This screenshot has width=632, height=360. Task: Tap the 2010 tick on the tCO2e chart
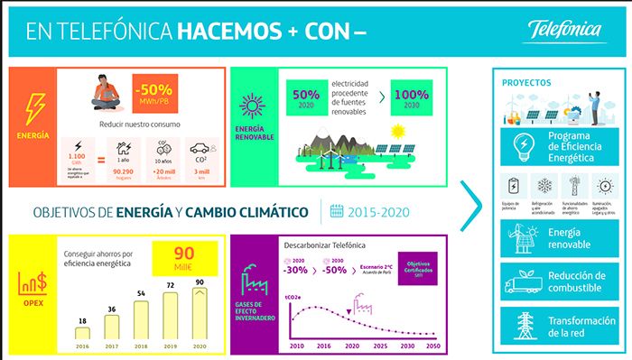pyautogui.click(x=296, y=345)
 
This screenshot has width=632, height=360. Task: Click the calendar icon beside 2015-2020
pyautogui.click(x=336, y=212)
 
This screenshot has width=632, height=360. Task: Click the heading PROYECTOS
pyautogui.click(x=526, y=83)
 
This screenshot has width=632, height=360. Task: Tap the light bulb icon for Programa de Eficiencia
pyautogui.click(x=523, y=145)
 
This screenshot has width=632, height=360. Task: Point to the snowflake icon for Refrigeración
pyautogui.click(x=544, y=184)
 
